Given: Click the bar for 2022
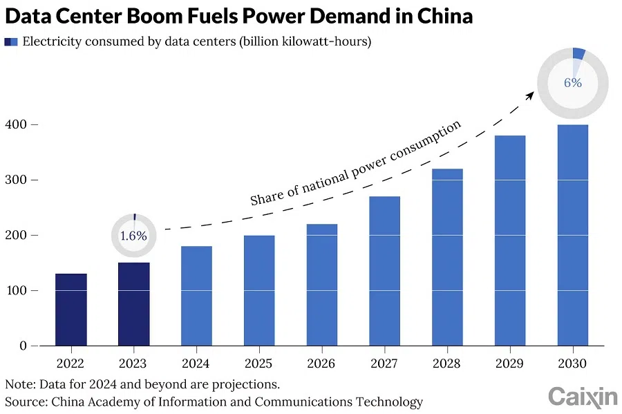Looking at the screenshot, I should [x=71, y=310].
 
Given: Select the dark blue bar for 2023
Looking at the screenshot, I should [x=133, y=304].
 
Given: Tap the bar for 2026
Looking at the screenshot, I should [x=321, y=285].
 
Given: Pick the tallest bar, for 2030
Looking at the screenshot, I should [x=572, y=235].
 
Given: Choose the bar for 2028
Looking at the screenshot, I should [x=447, y=257].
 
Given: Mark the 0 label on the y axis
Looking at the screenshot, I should [x=23, y=346].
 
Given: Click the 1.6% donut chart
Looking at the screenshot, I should [x=133, y=236].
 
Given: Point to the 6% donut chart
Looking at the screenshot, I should [x=573, y=82].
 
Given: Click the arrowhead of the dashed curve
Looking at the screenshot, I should [x=530, y=95].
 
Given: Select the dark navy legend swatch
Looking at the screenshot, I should [x=8, y=42].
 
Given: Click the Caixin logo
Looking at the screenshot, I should [x=583, y=396].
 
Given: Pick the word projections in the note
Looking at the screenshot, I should [x=247, y=384].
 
